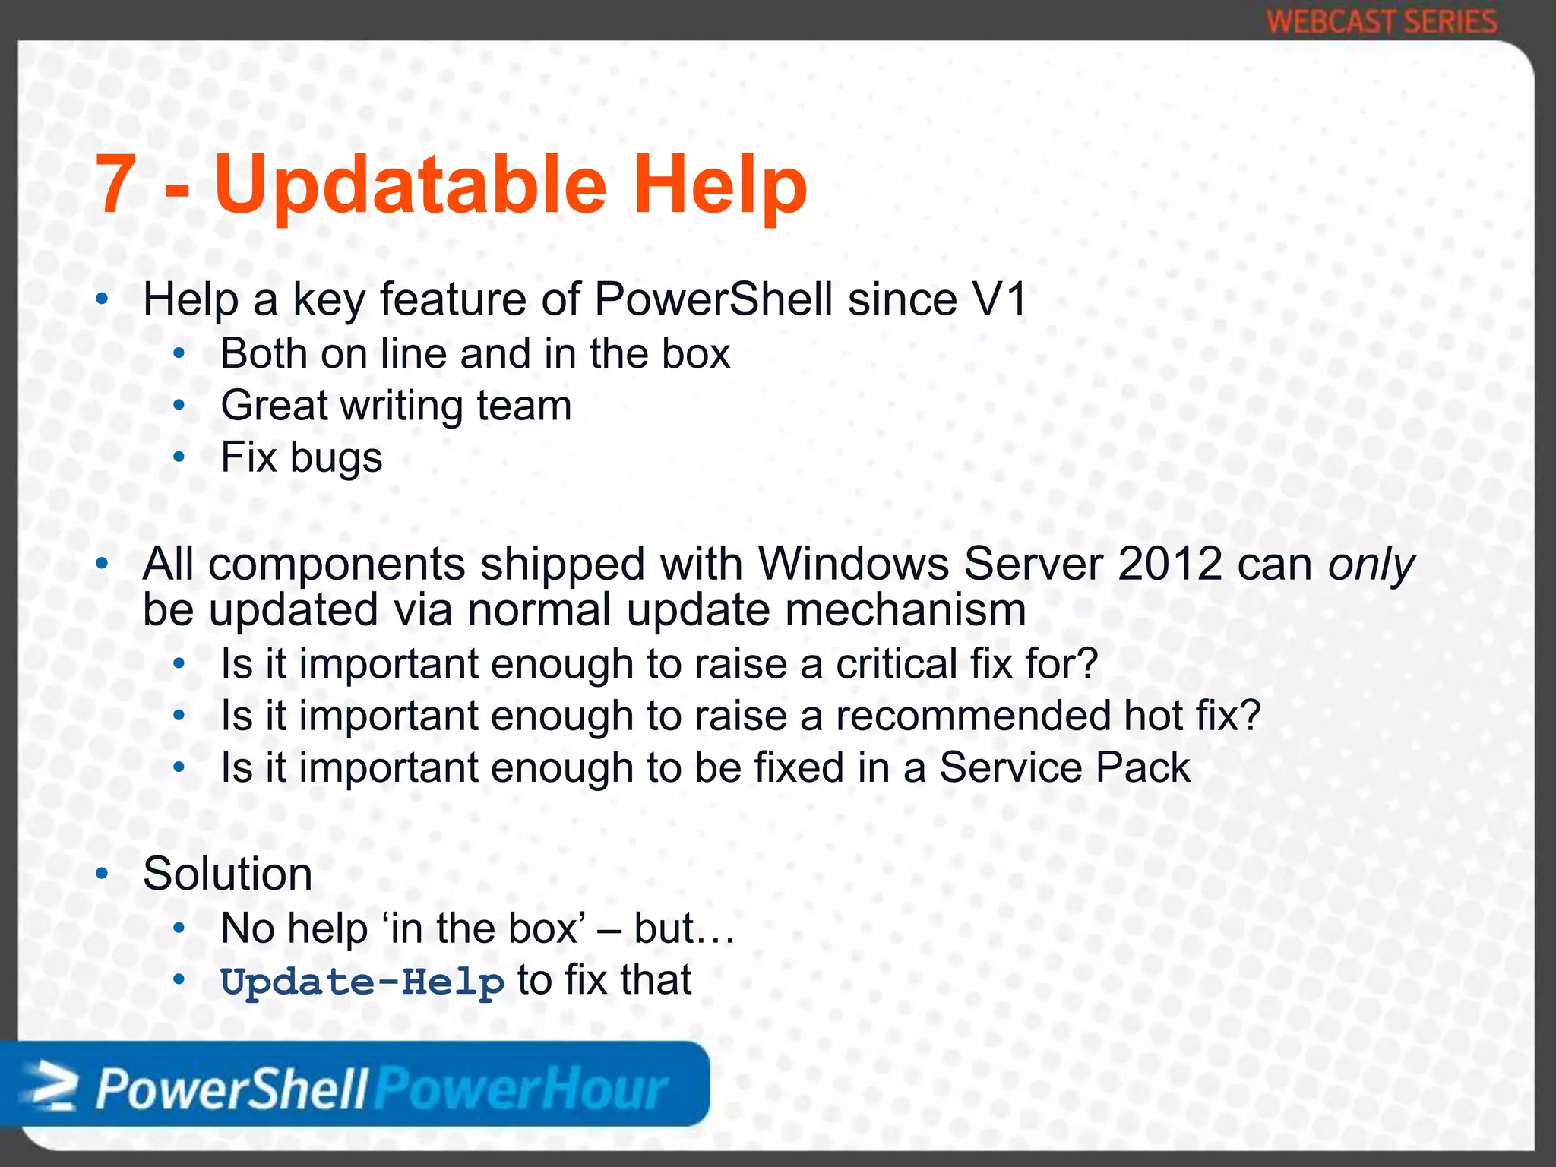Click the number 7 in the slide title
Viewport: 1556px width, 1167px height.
pos(115,185)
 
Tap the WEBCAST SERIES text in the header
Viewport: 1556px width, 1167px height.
pos(1381,21)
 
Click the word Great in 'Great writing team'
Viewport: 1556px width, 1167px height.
pos(273,405)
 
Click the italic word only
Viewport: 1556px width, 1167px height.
pos(1371,564)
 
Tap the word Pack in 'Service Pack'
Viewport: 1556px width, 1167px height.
pos(1143,767)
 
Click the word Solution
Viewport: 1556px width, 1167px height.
pos(228,874)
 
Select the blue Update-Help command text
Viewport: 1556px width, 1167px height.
pos(362,982)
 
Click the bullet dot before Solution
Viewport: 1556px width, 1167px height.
pos(103,874)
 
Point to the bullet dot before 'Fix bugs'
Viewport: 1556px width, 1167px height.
pos(179,457)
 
